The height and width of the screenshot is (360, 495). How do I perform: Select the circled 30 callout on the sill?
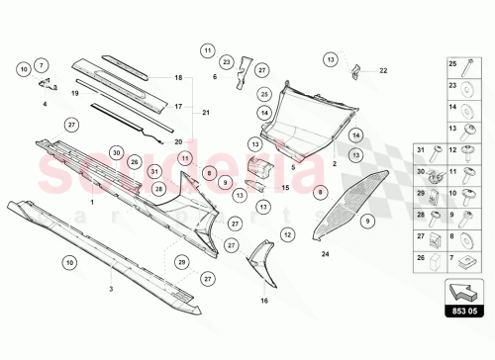(117, 153)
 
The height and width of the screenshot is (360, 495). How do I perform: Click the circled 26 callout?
(135, 160)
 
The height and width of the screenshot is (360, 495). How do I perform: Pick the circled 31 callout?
(155, 171)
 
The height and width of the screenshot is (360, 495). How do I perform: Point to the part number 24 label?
(325, 254)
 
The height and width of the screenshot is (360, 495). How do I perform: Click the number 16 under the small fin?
(263, 300)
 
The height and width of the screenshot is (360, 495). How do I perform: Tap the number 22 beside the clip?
(383, 70)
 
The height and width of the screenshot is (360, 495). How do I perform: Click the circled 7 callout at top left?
(42, 65)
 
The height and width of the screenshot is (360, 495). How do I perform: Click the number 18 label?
(178, 77)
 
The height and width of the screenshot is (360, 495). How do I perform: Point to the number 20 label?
(178, 141)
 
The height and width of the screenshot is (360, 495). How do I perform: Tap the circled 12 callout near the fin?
(287, 234)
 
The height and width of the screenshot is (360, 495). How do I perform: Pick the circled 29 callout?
(182, 261)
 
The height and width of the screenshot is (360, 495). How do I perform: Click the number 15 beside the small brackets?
(285, 187)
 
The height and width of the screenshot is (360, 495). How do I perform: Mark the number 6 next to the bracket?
(215, 76)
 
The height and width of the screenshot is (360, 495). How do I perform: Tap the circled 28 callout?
(158, 188)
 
